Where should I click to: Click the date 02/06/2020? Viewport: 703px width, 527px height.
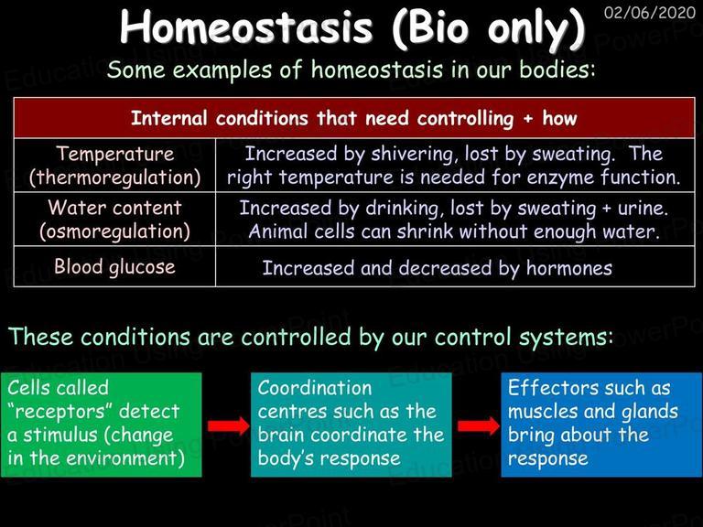(649, 13)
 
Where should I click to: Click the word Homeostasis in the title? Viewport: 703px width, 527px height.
(246, 27)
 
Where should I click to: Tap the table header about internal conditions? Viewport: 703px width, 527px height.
(353, 118)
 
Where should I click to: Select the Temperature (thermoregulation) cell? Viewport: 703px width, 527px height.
(114, 166)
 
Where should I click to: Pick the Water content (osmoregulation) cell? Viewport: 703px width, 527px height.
(114, 220)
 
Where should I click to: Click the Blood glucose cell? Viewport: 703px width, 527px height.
(114, 266)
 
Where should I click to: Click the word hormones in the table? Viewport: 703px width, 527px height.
(569, 268)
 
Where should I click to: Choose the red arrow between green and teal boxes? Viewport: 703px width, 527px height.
(228, 425)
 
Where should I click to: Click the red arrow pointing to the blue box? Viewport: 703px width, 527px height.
(479, 425)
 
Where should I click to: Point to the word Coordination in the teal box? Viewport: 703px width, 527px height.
(315, 388)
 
